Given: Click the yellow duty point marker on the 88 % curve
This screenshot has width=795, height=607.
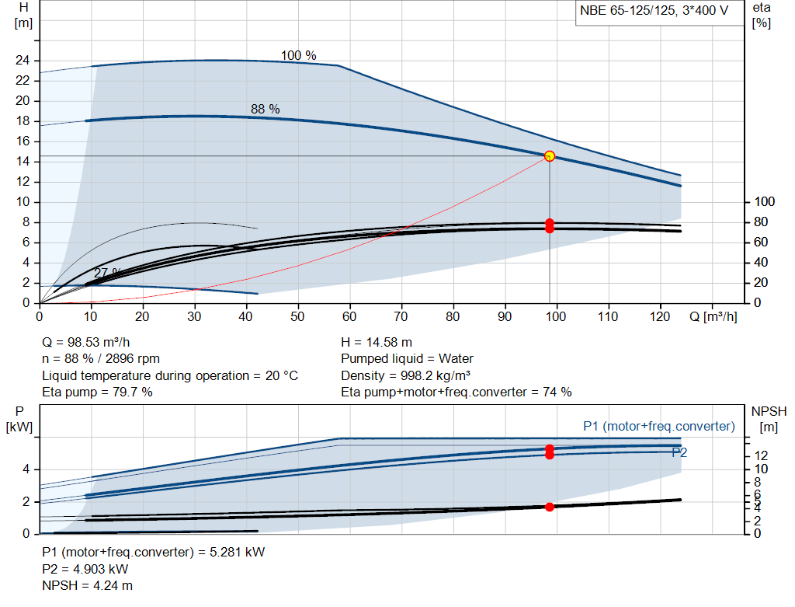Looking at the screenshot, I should (x=550, y=156).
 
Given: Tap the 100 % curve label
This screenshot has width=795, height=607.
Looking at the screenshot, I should (x=298, y=55).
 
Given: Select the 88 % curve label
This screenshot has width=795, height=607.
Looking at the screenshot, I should (x=265, y=110).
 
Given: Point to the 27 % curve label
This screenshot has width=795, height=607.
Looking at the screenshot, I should (x=107, y=273).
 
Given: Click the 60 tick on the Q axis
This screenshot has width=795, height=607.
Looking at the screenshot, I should (x=349, y=316).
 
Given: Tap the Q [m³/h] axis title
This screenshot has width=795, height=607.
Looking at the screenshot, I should (x=712, y=316).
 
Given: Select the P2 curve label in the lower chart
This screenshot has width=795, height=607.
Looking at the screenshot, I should (x=679, y=452).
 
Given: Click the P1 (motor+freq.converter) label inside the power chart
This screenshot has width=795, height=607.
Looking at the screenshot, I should (x=658, y=426).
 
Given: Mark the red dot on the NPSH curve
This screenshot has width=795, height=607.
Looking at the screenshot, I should (x=550, y=507).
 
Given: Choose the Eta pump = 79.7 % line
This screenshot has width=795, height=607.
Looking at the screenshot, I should (x=97, y=392).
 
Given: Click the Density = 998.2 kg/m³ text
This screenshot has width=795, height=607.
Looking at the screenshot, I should (x=406, y=375).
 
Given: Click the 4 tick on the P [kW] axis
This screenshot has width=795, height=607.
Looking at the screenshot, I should (x=26, y=469).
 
